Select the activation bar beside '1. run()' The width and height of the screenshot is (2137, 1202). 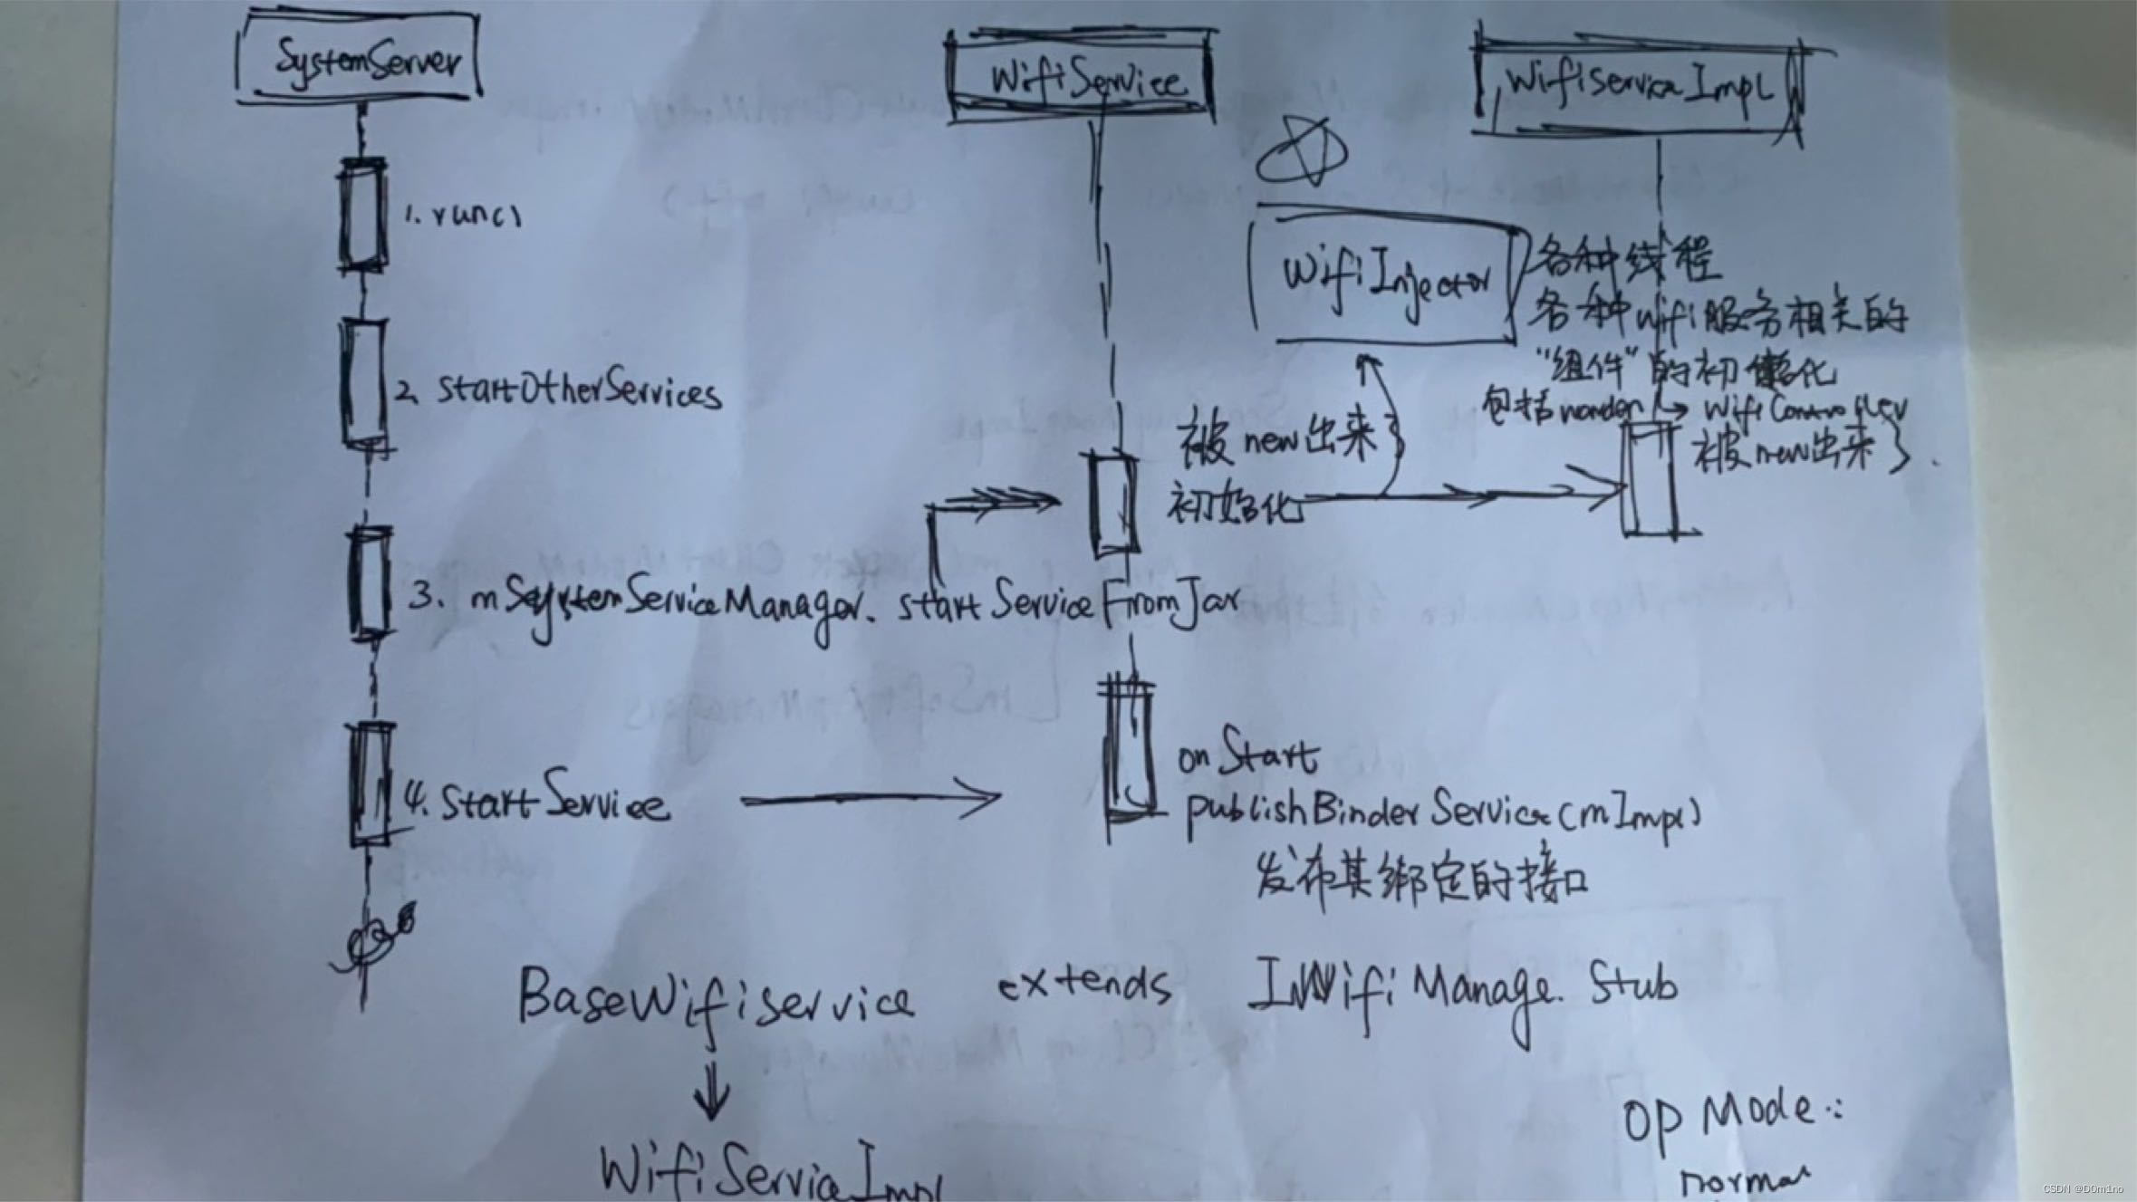[361, 215]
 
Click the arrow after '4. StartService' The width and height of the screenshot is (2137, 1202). [870, 799]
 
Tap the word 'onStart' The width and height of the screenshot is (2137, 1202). [1248, 754]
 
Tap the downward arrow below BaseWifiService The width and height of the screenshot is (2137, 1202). [712, 1091]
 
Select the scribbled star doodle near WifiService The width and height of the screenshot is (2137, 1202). [1302, 153]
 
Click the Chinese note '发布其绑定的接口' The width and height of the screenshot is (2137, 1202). [1421, 878]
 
